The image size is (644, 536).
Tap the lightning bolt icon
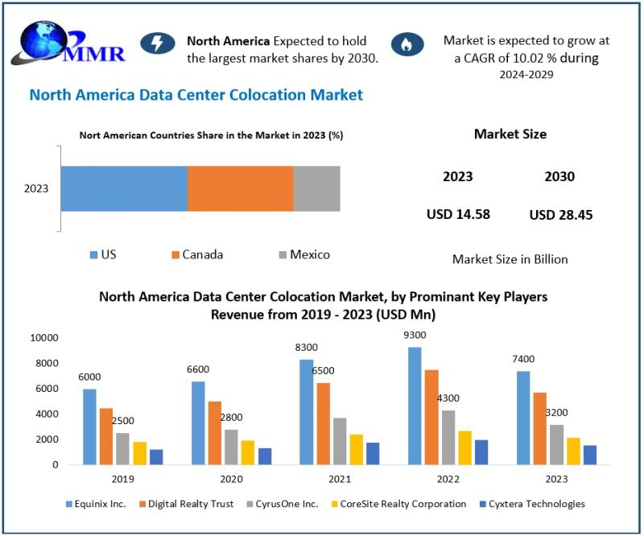click(x=157, y=43)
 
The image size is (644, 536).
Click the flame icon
click(x=407, y=43)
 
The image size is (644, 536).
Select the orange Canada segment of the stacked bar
click(x=240, y=189)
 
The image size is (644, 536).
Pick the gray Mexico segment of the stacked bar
click(x=316, y=189)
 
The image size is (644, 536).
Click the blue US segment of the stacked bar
click(x=124, y=189)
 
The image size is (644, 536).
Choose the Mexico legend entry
click(x=303, y=254)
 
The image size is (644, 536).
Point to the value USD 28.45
click(x=561, y=215)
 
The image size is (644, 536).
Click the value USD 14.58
click(x=458, y=214)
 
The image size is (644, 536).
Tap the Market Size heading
click(x=510, y=134)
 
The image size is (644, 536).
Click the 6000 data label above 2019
click(x=89, y=376)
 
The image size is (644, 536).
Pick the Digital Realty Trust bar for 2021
click(x=324, y=423)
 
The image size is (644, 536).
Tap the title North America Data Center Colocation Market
click(x=196, y=95)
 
